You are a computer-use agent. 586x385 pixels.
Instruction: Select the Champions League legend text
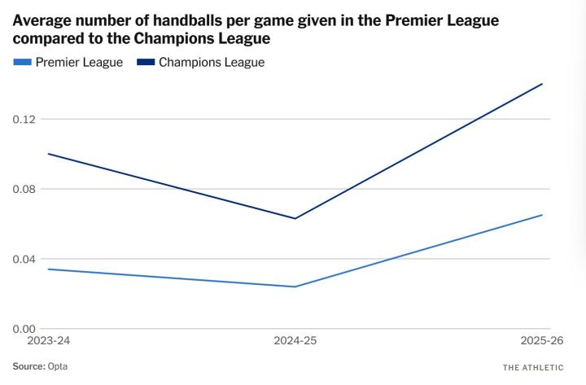click(212, 62)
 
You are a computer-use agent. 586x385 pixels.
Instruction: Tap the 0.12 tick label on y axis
click(24, 119)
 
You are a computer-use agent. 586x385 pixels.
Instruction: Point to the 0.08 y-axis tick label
click(24, 189)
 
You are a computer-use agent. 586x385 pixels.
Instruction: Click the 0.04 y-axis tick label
click(24, 259)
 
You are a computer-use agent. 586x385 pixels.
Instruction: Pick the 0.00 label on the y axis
click(24, 329)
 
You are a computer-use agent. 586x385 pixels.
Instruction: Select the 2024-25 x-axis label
click(294, 340)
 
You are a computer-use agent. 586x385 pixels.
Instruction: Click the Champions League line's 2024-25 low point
click(295, 218)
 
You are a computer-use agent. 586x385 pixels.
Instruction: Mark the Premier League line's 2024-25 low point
click(295, 287)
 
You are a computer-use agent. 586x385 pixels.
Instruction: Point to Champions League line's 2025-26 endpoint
click(542, 84)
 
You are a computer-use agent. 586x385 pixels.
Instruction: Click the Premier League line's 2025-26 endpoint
click(542, 215)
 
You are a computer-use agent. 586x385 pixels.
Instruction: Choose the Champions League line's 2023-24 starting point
click(47, 154)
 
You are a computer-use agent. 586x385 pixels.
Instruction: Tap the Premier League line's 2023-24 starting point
click(47, 269)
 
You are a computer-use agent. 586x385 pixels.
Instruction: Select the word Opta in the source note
click(58, 366)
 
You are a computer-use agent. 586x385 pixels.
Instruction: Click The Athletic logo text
click(533, 367)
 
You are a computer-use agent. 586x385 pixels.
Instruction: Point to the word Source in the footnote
click(28, 366)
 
